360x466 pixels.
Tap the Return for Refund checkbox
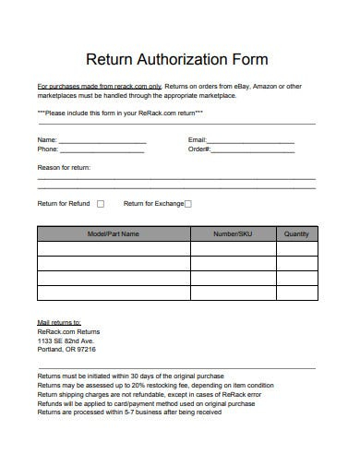tap(101, 204)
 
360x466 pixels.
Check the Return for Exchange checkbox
tap(188, 204)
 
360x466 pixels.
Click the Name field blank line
tap(103, 140)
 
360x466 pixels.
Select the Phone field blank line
tap(103, 149)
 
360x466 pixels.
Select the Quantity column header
tap(296, 234)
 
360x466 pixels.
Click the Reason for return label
tap(64, 168)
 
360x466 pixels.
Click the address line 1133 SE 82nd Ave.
tap(66, 341)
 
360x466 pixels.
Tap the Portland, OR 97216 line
tap(66, 350)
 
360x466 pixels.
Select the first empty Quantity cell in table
tap(296, 249)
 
